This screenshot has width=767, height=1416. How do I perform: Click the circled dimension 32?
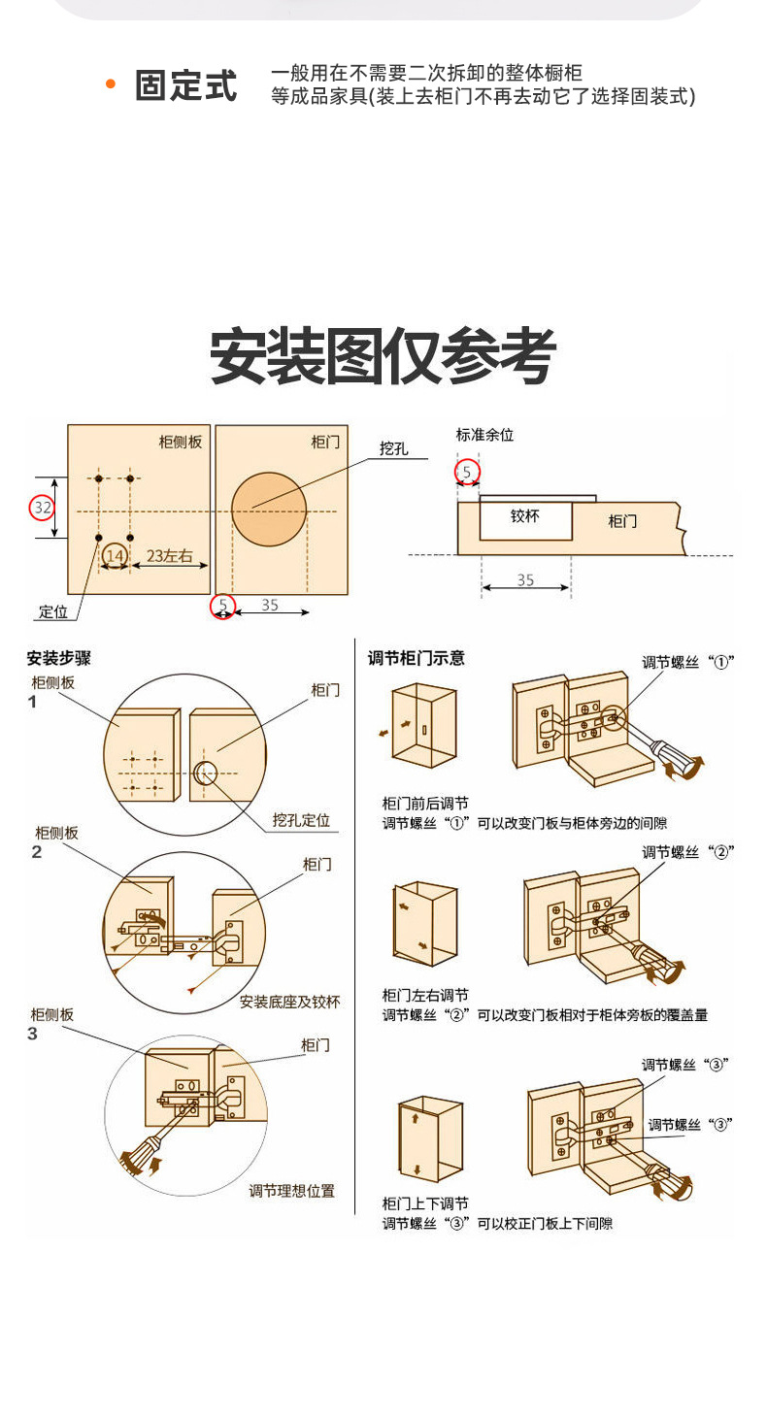tap(42, 507)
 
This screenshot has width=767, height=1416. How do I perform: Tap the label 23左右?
tap(169, 556)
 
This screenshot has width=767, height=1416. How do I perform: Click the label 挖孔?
tap(393, 448)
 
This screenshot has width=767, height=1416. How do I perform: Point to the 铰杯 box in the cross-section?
tap(525, 518)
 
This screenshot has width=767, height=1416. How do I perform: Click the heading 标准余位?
tap(484, 435)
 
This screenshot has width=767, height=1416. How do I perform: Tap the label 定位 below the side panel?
tap(53, 612)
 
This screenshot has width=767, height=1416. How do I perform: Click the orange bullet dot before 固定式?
tap(111, 84)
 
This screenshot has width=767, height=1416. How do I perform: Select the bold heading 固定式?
tap(185, 85)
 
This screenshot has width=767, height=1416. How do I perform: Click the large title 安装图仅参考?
tap(383, 356)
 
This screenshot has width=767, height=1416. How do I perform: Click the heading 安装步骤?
tap(58, 658)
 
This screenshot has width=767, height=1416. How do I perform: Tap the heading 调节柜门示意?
tap(416, 658)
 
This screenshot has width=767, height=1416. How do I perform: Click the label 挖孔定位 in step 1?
tap(301, 820)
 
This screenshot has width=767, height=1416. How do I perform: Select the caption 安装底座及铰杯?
tap(289, 1002)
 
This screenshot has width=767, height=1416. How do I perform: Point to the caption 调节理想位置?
tap(291, 1190)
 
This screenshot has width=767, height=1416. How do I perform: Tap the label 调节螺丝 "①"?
tap(687, 662)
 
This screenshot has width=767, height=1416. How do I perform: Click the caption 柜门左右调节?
tap(424, 995)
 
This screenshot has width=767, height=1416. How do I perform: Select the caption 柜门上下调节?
tap(424, 1203)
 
